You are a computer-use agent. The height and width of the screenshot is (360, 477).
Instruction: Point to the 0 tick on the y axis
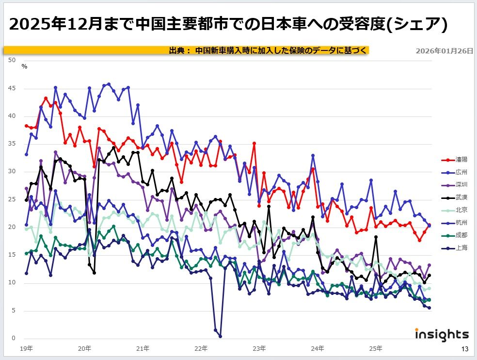click(14, 338)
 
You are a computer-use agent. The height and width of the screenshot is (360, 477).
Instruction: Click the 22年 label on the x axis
click(201, 348)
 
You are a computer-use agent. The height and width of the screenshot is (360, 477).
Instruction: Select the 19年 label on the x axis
click(27, 348)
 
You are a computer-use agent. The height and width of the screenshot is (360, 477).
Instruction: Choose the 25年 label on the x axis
click(376, 348)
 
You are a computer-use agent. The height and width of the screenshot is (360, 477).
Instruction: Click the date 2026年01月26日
click(444, 50)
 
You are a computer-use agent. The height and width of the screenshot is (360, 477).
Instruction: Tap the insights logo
click(442, 334)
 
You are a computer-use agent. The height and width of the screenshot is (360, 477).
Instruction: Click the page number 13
click(464, 349)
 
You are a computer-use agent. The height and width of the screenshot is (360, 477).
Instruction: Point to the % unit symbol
click(24, 66)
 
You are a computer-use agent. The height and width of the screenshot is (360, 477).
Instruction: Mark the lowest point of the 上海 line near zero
click(220, 336)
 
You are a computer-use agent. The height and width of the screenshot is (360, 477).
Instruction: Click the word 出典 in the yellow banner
click(177, 50)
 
